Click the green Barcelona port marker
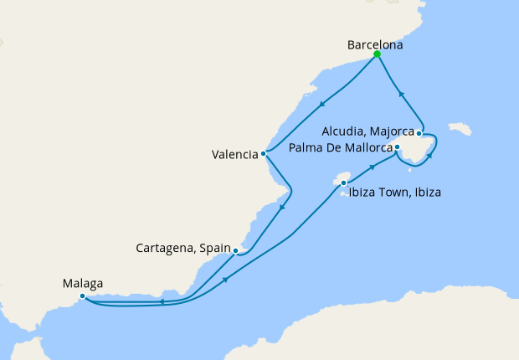coord(377,54)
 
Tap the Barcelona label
coord(375,45)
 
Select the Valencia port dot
coord(264,153)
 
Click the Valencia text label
coord(234,154)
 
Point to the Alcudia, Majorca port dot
coord(419,133)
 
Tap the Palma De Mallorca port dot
coord(398,148)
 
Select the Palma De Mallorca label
coord(340,148)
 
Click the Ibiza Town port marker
coord(343,183)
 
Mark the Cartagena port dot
coord(236,250)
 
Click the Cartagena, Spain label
coord(183,249)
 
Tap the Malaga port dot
coord(82,296)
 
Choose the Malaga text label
coord(84,284)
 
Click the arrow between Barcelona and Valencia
coord(323,104)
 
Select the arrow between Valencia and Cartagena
coord(282,207)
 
